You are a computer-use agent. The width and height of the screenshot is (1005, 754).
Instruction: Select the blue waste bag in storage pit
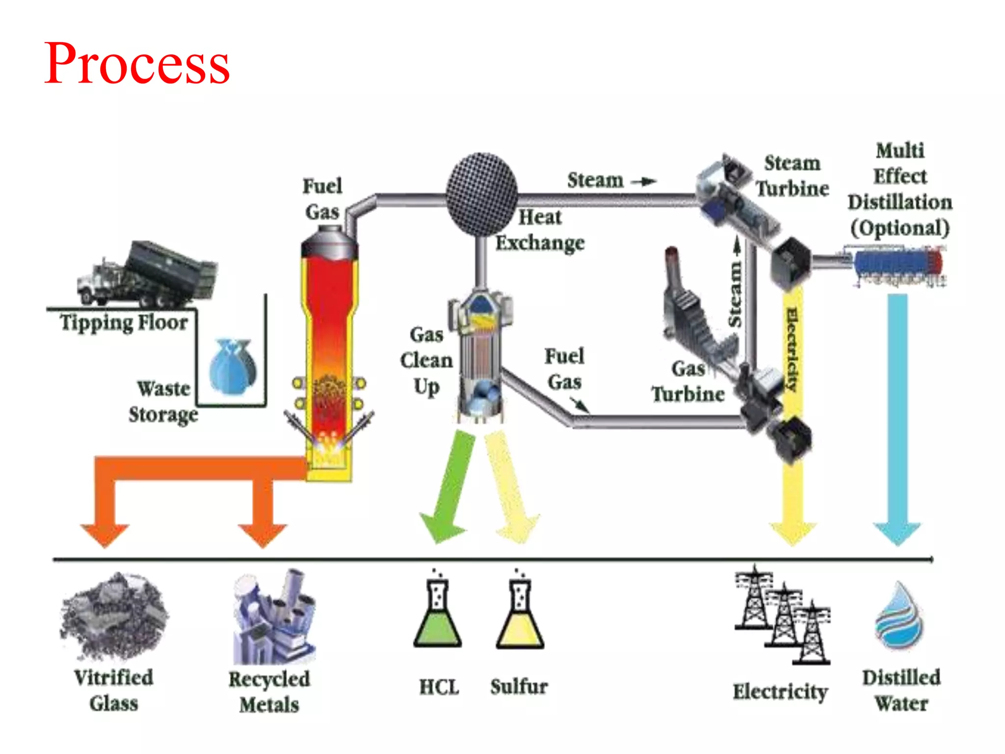[232, 366]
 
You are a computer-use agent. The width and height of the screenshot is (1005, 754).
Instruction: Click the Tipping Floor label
[124, 323]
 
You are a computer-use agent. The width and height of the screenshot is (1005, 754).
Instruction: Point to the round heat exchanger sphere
[481, 194]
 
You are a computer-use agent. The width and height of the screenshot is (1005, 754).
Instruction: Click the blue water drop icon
[899, 616]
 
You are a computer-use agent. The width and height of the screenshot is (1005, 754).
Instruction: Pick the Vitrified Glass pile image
[114, 616]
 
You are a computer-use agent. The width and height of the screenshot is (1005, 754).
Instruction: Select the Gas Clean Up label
[426, 361]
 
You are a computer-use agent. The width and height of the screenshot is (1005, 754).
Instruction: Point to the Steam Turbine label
[792, 176]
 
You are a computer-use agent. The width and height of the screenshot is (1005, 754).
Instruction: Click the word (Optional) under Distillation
[899, 228]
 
